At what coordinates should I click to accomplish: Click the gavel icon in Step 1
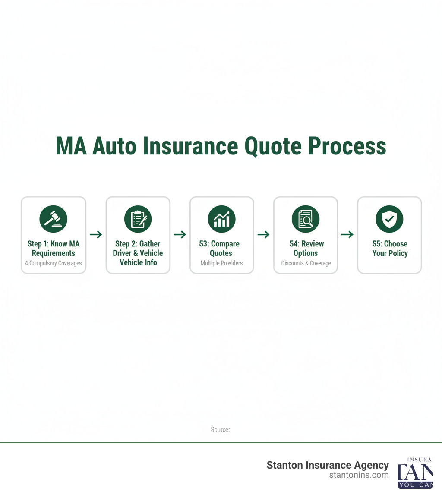[54, 219]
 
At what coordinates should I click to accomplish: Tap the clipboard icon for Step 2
[138, 219]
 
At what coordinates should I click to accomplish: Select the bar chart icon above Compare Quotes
[222, 219]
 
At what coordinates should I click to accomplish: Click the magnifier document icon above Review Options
[306, 219]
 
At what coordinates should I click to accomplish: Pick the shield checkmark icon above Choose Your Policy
[389, 219]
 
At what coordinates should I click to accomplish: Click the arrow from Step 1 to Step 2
[96, 235]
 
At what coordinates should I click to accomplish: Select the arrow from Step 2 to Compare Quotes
[180, 235]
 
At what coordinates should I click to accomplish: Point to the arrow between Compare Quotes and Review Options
[263, 235]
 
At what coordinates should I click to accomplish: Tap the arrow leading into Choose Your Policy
[347, 235]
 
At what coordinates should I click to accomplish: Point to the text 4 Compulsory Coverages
[54, 263]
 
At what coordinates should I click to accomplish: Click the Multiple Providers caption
[222, 263]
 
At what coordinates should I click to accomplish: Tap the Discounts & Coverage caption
[306, 263]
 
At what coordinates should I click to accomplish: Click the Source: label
[220, 430]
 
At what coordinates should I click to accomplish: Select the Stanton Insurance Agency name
[328, 465]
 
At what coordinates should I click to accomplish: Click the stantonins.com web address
[359, 475]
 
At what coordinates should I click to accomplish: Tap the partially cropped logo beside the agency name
[415, 473]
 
